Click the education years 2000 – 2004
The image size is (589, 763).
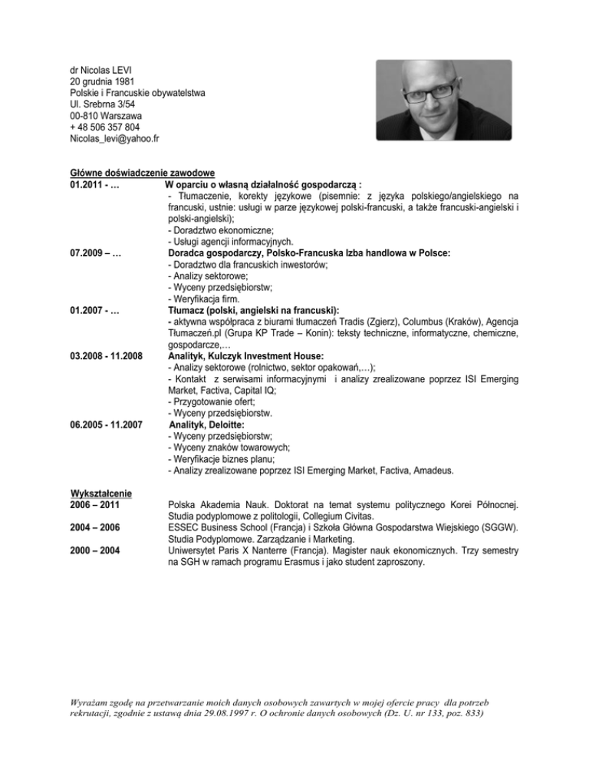pos(96,550)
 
